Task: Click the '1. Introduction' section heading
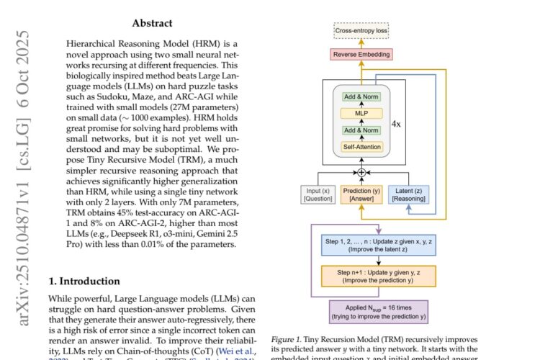click(85, 281)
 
